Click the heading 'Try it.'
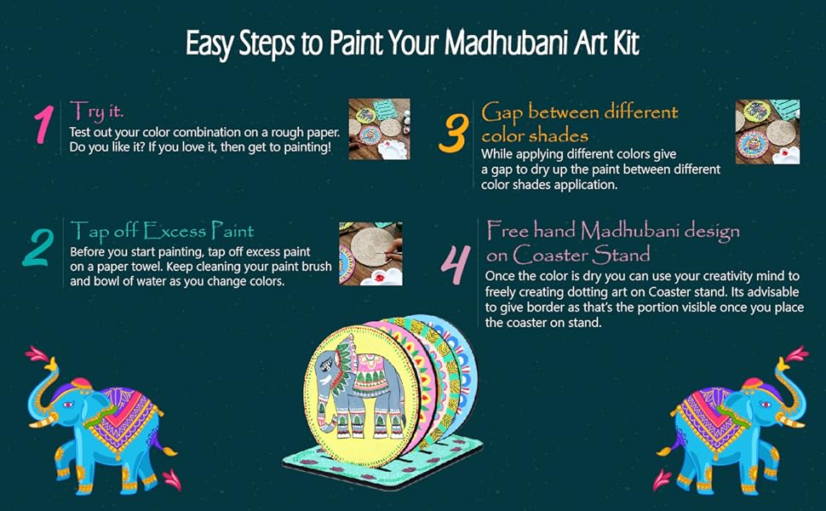(98, 110)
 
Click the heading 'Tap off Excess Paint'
(162, 230)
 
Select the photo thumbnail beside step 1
(379, 129)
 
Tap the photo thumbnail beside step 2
(370, 253)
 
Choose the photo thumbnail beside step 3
(767, 132)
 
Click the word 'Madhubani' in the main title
(495, 44)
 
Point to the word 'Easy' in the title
(212, 44)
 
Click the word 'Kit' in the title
(623, 44)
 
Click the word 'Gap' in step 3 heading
(504, 112)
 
